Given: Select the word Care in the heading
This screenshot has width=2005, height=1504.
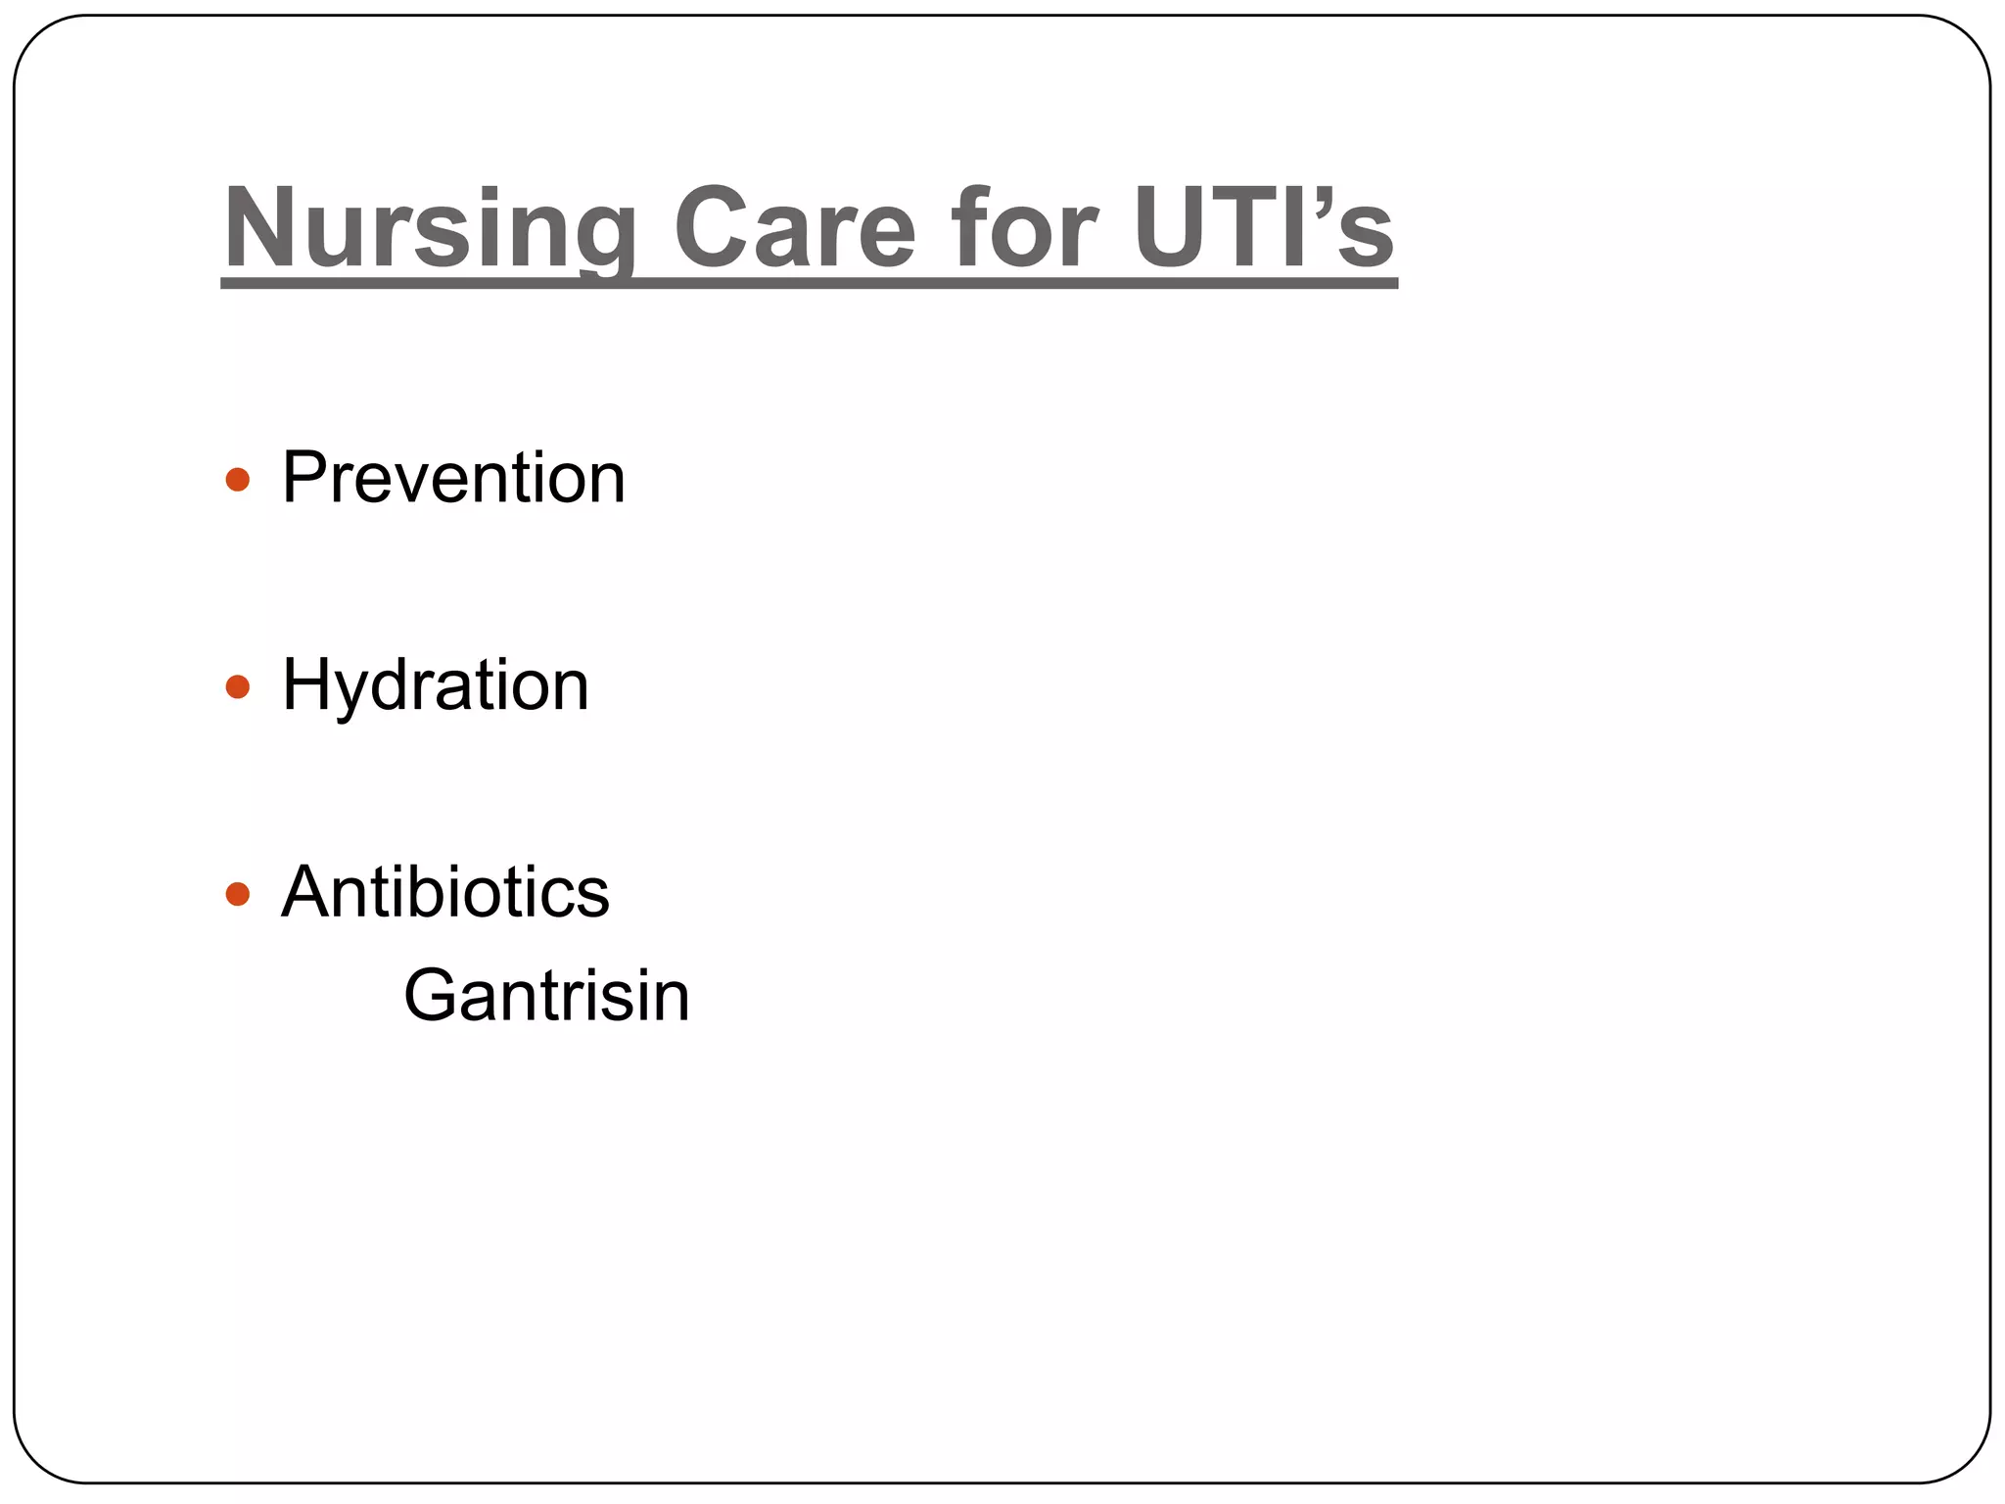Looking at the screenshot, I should coord(795,227).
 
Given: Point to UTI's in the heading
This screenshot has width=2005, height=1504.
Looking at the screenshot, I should coord(1264,227).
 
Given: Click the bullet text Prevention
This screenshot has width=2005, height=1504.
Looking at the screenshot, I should coord(453,478).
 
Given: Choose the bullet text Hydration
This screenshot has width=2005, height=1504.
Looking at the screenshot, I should coord(436,685).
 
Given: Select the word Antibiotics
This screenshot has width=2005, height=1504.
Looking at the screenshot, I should coord(445,892).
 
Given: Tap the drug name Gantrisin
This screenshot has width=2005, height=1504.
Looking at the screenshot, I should coord(546,996).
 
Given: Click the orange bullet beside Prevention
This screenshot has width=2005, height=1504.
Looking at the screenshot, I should coord(238,480).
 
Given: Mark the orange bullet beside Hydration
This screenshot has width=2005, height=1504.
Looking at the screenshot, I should coord(238,686).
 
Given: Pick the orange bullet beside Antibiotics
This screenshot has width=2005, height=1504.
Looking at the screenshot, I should coord(238,894).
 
